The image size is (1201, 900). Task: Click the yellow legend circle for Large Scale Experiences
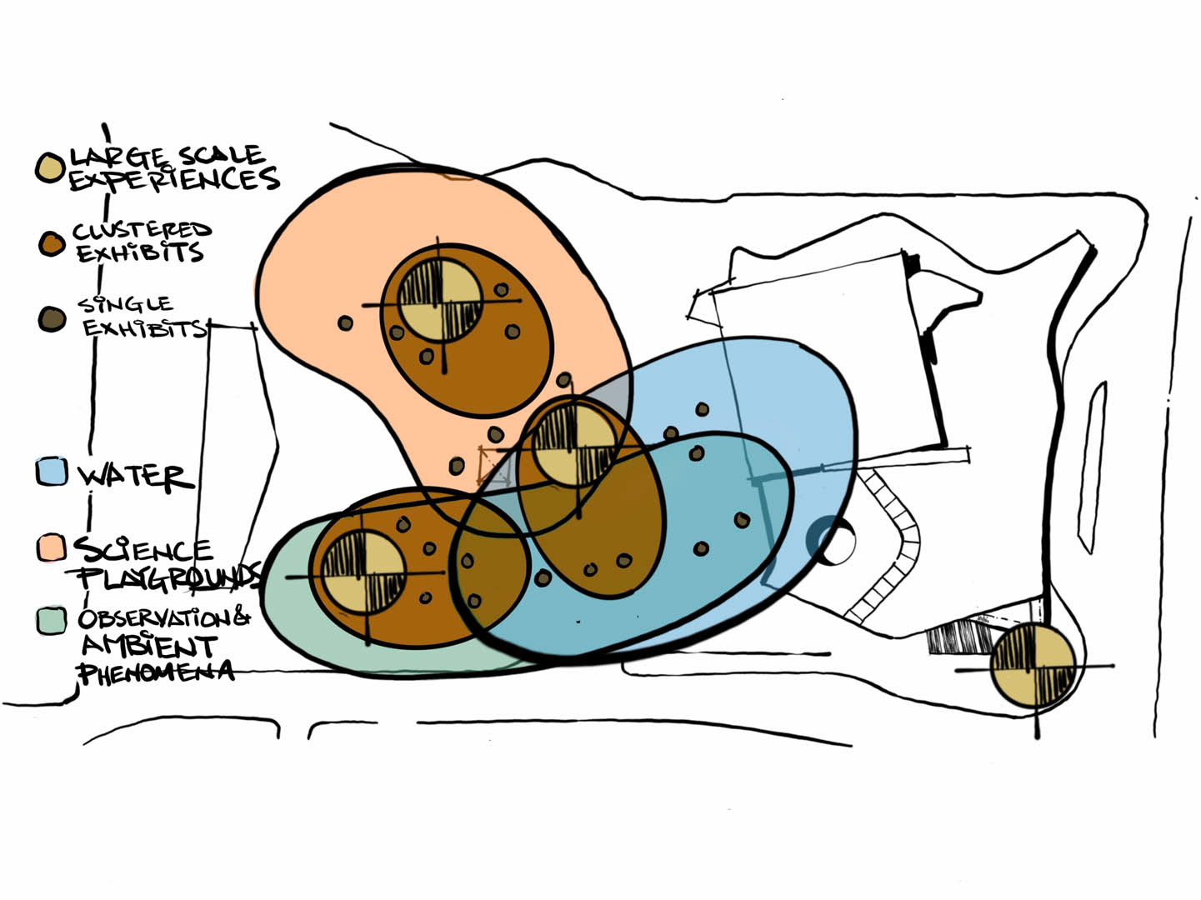click(x=50, y=167)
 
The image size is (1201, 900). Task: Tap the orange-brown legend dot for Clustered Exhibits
click(x=51, y=243)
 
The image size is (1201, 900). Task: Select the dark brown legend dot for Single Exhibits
click(x=51, y=318)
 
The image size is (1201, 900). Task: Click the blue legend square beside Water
click(x=51, y=472)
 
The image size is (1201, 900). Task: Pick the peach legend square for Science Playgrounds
click(x=51, y=547)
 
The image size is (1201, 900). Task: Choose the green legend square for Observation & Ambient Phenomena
click(x=51, y=621)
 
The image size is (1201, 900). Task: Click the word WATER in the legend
click(x=135, y=476)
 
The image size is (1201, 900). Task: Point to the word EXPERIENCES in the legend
click(x=173, y=179)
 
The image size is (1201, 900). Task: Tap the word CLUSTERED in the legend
click(x=142, y=230)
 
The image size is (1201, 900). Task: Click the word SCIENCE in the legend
click(x=143, y=550)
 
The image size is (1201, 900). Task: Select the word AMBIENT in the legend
click(x=149, y=646)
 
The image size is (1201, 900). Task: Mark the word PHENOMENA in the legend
click(x=156, y=672)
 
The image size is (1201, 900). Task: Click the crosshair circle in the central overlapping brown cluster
click(x=573, y=445)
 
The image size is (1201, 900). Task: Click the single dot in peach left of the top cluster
click(x=345, y=322)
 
